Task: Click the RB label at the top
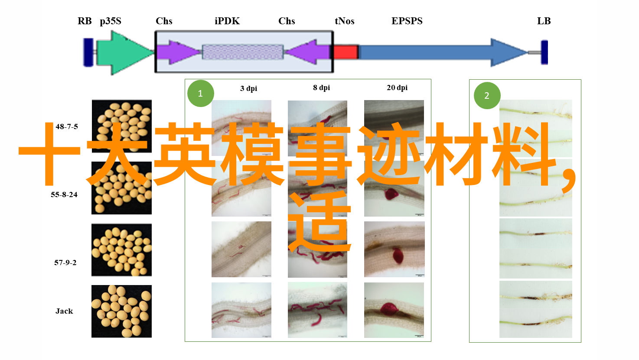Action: coord(85,21)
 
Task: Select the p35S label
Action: coord(111,21)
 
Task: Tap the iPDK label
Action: coord(227,21)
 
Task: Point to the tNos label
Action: coord(344,21)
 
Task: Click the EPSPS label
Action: coord(407,21)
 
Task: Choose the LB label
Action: coord(544,21)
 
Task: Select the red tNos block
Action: coord(346,52)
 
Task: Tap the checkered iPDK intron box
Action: coord(243,52)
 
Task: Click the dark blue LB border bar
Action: coord(544,52)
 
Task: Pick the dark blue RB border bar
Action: coord(88,52)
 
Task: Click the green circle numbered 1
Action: coord(201,94)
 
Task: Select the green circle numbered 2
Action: coord(487,95)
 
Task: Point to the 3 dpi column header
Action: coord(248,88)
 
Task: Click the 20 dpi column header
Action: coord(397,88)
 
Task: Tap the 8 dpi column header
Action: coord(322,88)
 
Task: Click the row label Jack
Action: coord(64,311)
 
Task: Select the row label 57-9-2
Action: coord(65,263)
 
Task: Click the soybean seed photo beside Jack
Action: coord(121,311)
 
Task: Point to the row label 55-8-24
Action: coord(64,195)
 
